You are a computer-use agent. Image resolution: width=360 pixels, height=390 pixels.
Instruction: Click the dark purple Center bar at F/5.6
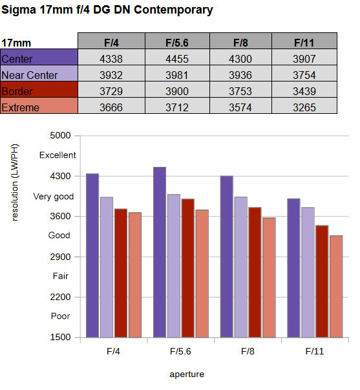(x=160, y=252)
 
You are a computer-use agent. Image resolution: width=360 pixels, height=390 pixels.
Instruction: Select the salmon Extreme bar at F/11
(x=336, y=287)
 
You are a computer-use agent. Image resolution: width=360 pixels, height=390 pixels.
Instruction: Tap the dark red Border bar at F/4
(x=121, y=273)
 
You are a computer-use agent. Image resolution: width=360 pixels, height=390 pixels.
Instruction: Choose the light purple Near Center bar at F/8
(x=241, y=267)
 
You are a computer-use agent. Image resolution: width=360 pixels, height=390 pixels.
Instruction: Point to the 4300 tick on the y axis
(x=60, y=176)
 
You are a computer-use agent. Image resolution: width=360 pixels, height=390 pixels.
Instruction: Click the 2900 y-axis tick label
(x=60, y=257)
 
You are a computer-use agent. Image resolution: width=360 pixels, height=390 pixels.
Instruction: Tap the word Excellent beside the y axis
(x=58, y=155)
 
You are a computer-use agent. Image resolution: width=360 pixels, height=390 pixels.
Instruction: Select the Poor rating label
(x=60, y=316)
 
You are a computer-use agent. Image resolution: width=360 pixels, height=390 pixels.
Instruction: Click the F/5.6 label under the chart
(x=180, y=351)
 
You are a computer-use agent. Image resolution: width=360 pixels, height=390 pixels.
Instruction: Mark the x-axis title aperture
(x=187, y=374)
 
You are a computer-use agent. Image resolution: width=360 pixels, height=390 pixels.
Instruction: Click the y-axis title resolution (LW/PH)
(x=15, y=182)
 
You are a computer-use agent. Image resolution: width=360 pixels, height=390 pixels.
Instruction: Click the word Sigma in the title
(x=19, y=10)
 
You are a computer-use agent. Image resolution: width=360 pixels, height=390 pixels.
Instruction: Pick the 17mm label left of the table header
(x=16, y=43)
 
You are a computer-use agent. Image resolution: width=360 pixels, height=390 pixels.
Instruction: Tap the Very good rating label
(x=54, y=197)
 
